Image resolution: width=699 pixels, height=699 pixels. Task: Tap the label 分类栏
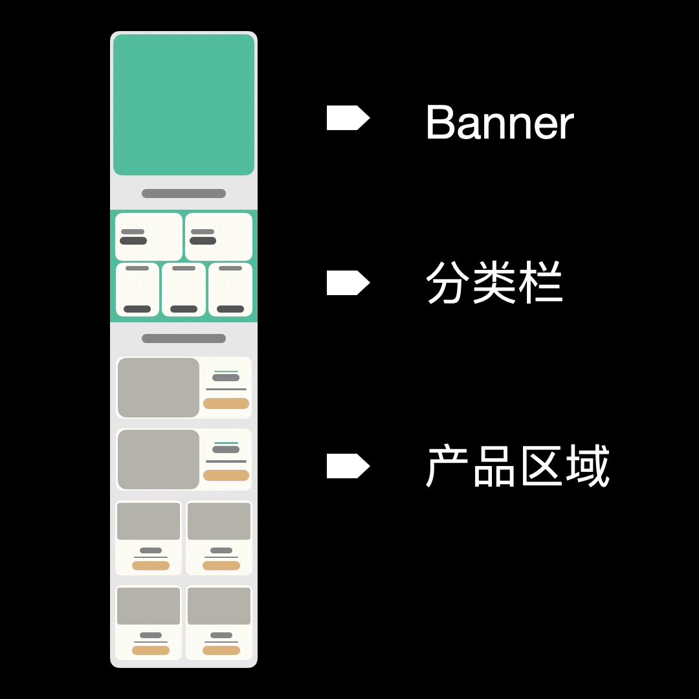click(x=494, y=283)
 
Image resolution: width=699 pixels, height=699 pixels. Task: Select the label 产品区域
click(x=518, y=466)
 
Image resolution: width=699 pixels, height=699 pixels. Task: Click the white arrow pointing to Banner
click(x=348, y=118)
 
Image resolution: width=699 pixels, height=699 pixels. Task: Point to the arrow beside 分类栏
click(x=348, y=283)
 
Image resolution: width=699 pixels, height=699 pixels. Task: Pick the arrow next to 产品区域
click(x=348, y=466)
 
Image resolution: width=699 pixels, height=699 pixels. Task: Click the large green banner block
click(x=184, y=105)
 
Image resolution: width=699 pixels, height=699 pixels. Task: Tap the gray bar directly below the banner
click(x=184, y=194)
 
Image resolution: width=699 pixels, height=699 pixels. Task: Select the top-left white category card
click(x=149, y=237)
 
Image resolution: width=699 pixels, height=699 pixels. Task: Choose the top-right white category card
click(x=219, y=237)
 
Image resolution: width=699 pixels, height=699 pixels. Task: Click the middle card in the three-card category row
click(x=184, y=289)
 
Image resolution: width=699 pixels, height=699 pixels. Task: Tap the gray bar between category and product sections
click(x=184, y=338)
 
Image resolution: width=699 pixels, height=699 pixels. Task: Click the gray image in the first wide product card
click(x=159, y=388)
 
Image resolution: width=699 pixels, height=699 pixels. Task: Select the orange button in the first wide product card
click(x=226, y=404)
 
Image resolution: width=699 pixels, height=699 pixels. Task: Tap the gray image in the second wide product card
click(x=159, y=460)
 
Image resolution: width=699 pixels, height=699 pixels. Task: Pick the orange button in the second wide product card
click(x=226, y=475)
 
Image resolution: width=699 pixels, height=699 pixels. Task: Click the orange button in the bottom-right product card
click(x=221, y=650)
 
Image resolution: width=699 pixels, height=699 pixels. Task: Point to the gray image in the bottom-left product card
click(x=149, y=606)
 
